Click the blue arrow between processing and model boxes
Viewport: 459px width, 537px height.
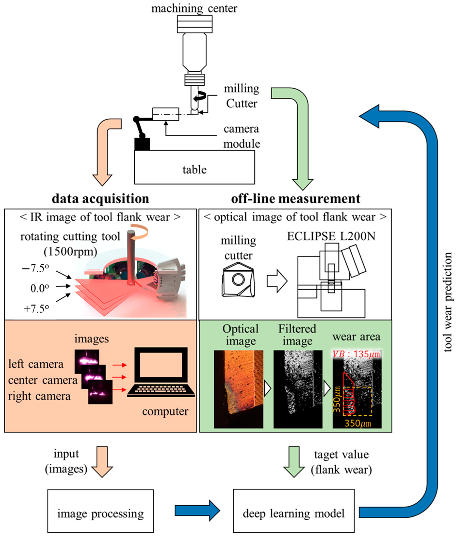tap(197, 511)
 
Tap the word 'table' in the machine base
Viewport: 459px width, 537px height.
tap(194, 170)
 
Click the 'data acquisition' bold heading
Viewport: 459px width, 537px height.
tap(100, 199)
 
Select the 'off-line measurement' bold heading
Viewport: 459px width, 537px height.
tap(295, 199)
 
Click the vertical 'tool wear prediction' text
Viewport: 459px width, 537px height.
tap(448, 302)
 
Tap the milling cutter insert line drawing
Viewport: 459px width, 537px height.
tap(238, 280)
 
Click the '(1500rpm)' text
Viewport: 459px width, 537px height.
tap(70, 251)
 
